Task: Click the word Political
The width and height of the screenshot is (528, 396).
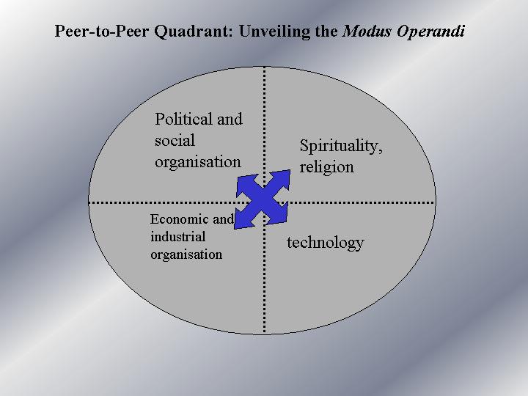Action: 183,119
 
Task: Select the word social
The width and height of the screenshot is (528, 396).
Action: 175,140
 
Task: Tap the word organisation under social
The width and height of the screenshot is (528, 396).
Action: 197,161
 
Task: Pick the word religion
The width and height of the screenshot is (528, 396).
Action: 326,166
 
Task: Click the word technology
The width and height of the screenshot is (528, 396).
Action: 325,242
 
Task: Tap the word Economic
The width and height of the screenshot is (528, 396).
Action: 180,219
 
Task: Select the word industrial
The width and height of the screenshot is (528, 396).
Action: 177,236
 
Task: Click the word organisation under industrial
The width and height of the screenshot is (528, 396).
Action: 186,254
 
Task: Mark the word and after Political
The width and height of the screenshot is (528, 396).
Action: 230,119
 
